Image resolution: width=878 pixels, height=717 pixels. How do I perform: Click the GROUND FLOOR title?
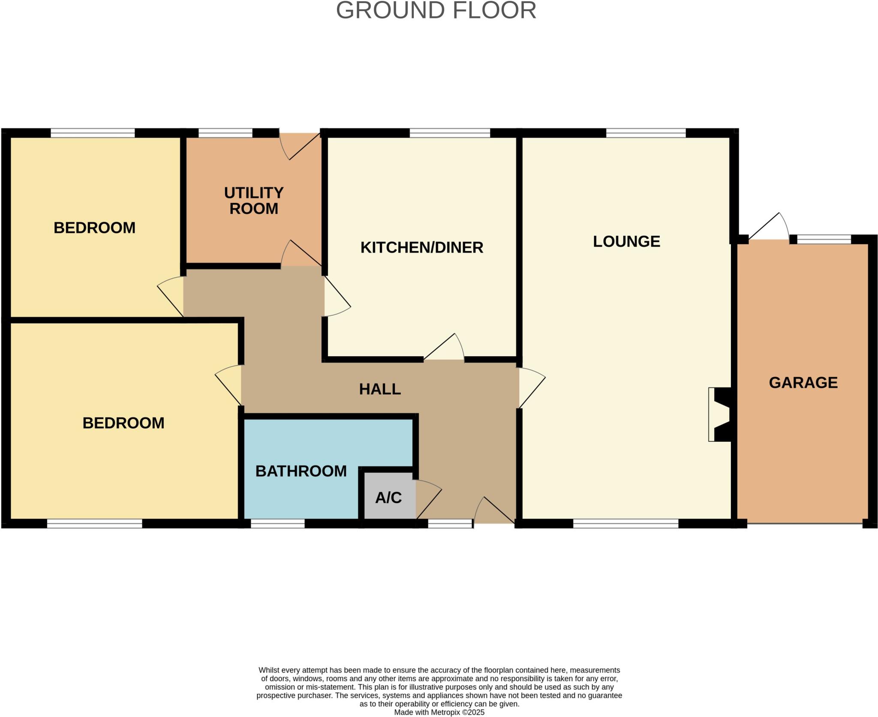(436, 11)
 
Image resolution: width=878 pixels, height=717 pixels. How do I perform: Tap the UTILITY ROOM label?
(254, 201)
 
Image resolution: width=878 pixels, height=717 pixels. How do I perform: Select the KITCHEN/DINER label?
(422, 248)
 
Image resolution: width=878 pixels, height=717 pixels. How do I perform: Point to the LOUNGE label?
(626, 242)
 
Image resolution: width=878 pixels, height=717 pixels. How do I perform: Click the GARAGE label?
(803, 383)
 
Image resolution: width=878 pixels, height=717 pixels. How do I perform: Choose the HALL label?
(380, 389)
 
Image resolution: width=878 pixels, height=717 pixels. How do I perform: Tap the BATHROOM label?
(301, 471)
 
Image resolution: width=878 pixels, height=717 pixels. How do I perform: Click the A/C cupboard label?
(388, 498)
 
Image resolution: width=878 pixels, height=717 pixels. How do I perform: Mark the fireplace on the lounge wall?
(720, 414)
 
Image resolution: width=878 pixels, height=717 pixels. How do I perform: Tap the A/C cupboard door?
(428, 499)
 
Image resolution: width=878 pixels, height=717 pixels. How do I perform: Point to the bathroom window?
(277, 523)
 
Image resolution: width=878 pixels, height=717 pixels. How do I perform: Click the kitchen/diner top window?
(450, 133)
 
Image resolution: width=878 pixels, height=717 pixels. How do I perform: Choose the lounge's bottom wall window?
(625, 523)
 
